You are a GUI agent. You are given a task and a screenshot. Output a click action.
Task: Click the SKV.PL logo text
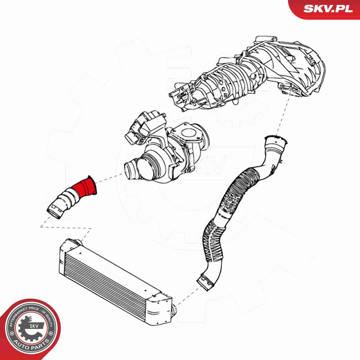click(328, 9)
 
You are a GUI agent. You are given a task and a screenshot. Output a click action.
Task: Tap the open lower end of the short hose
click(55, 210)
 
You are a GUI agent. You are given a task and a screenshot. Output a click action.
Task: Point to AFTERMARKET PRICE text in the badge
click(22, 315)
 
